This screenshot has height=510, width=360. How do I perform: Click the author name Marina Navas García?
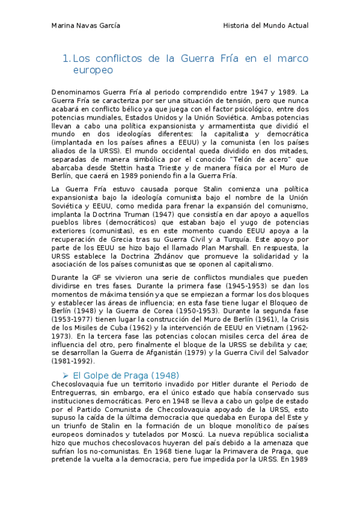86,26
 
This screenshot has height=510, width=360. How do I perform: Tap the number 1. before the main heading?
67,58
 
